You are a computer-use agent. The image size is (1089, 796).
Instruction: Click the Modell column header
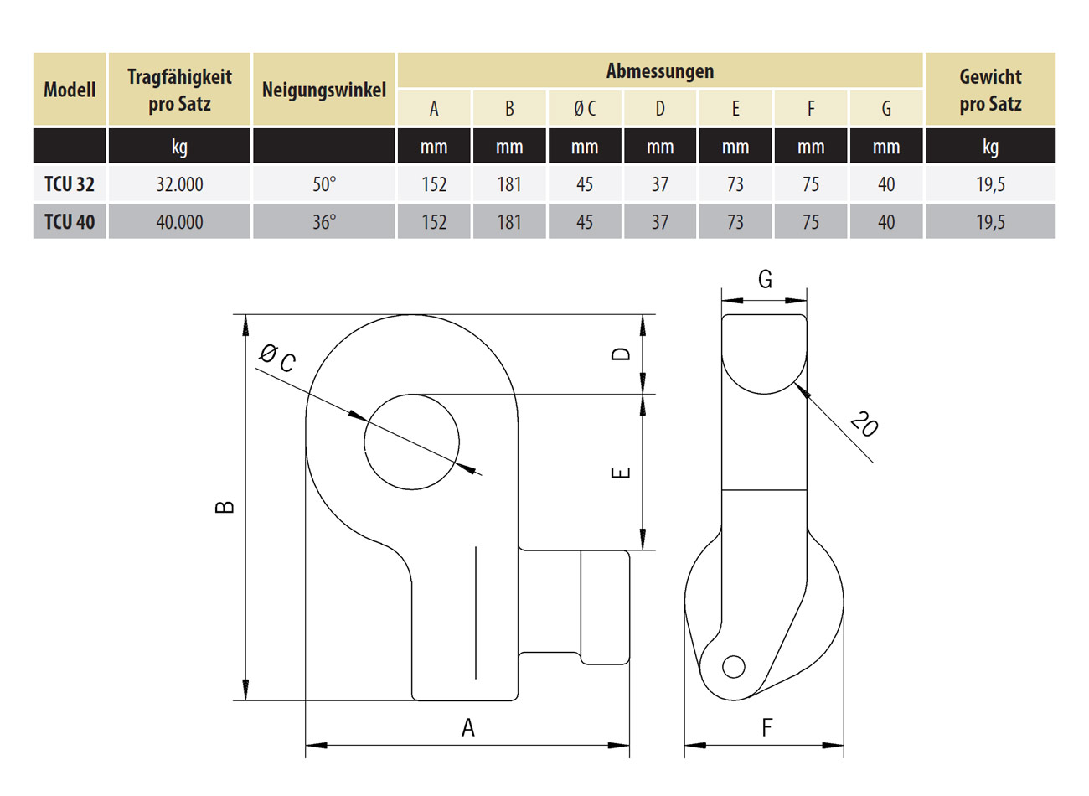(x=70, y=90)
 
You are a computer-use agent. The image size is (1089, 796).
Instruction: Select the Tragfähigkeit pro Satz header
(x=179, y=90)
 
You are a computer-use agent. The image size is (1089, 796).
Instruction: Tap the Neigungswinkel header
(x=323, y=90)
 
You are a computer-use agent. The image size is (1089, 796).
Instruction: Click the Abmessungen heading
(x=659, y=70)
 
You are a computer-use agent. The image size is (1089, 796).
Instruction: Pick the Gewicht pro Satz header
(x=990, y=90)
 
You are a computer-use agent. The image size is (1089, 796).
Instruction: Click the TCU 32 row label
(x=70, y=184)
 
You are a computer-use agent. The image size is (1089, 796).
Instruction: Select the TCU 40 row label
(x=70, y=222)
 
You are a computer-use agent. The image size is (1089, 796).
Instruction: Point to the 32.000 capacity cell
(x=179, y=184)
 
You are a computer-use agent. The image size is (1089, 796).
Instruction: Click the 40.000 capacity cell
(x=179, y=222)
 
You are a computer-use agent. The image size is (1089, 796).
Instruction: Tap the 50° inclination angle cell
(x=323, y=184)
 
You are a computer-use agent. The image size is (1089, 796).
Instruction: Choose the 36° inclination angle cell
(x=323, y=222)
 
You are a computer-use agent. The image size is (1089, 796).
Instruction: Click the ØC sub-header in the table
(x=585, y=108)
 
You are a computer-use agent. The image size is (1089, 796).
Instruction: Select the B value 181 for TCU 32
(x=509, y=184)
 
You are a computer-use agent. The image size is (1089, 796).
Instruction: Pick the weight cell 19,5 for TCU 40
(x=990, y=222)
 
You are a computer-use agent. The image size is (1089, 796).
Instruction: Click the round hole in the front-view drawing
(x=411, y=442)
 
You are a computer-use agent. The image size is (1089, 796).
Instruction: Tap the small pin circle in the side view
(x=733, y=666)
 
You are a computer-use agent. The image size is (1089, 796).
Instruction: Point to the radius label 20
(x=863, y=424)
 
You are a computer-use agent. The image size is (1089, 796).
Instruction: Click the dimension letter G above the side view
(x=765, y=279)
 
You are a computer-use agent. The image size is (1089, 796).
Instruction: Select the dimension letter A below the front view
(x=467, y=727)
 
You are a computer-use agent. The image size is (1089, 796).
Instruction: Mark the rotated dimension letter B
(x=225, y=507)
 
